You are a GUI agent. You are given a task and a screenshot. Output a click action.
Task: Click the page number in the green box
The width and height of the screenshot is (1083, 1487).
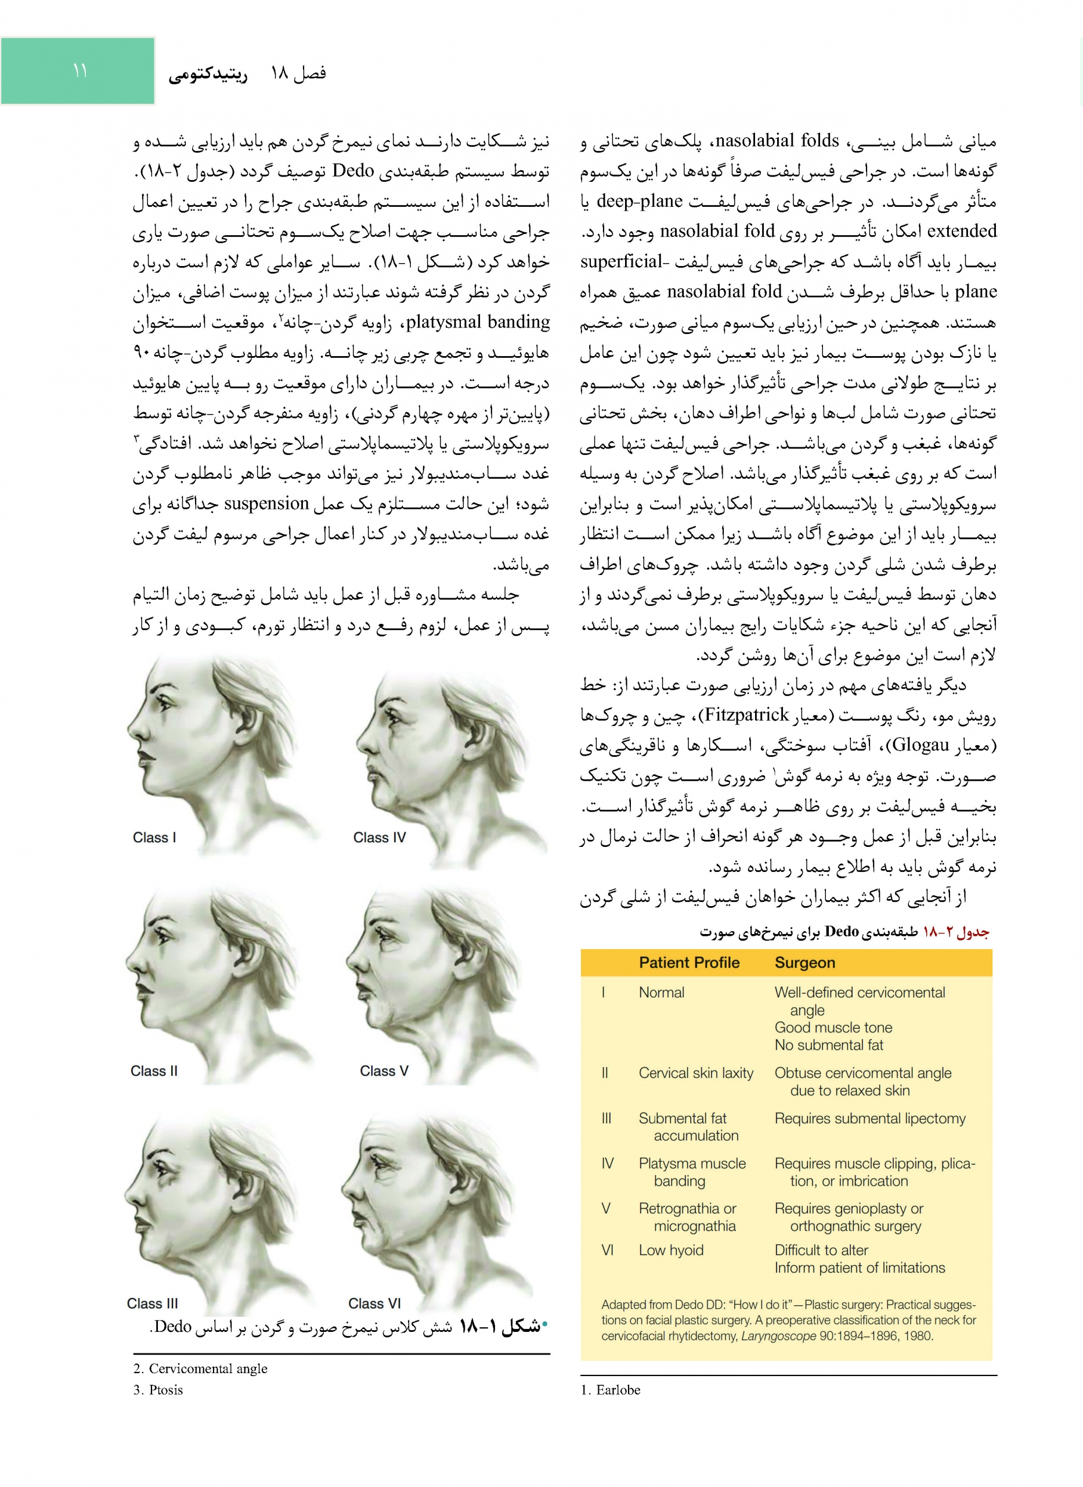point(80,70)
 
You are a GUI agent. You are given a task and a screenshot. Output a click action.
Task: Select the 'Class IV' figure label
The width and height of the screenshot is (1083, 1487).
point(379,838)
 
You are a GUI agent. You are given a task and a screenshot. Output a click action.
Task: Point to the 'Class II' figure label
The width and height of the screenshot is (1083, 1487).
point(153,1071)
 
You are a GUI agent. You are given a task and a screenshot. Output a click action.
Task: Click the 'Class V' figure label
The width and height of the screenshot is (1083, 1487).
point(384,1071)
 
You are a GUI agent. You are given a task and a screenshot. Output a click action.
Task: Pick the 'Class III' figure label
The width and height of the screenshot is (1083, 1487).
point(152,1303)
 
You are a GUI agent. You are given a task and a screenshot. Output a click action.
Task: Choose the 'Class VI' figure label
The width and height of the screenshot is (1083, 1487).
point(374,1303)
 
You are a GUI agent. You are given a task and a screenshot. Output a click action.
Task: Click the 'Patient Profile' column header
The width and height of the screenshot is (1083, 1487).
point(688,962)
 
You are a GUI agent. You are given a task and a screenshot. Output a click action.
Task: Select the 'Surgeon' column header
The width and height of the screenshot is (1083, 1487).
point(804,962)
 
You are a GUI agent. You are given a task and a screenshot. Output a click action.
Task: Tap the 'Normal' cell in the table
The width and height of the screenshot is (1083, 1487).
point(661,993)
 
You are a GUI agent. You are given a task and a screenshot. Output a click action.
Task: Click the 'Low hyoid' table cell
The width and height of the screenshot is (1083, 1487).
point(671,1250)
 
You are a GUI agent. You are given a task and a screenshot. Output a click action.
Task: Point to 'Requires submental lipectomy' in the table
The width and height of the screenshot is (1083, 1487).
point(869,1118)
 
